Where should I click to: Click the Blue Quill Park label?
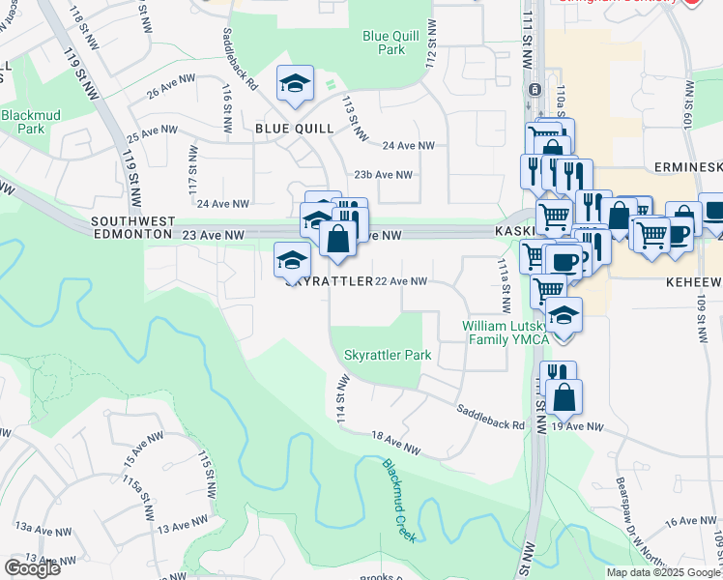384,43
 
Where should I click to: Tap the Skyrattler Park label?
388,356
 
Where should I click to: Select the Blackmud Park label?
22,121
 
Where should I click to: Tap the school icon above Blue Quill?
295,83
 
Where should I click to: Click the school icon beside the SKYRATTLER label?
292,258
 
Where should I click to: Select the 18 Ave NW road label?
397,444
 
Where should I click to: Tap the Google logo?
32,568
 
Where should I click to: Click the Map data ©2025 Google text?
662,572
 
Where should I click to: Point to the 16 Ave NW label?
688,521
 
